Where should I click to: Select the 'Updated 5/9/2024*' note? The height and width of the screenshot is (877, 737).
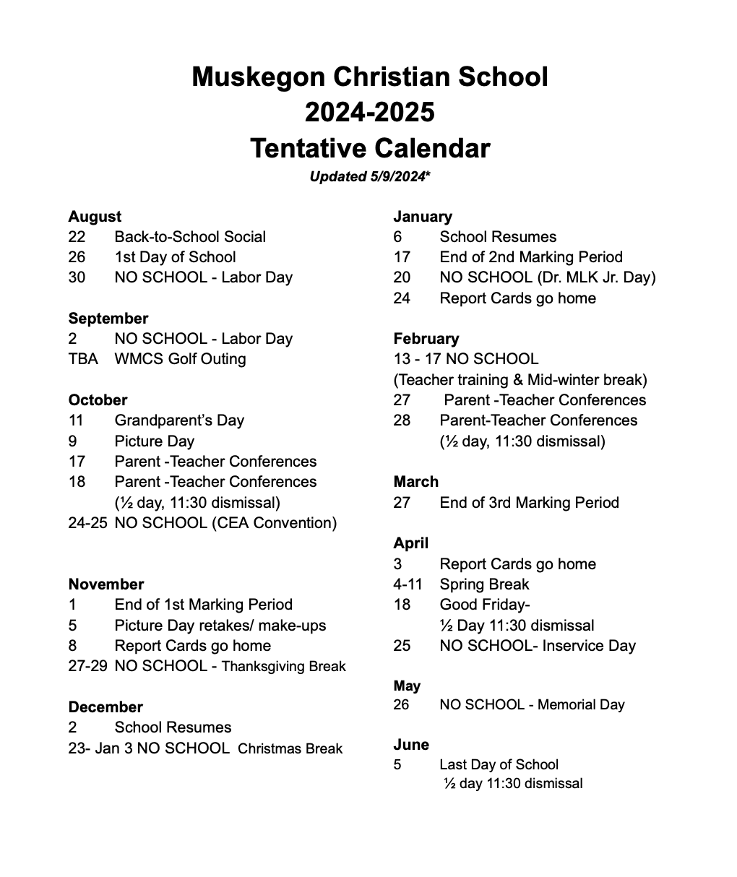coord(370,176)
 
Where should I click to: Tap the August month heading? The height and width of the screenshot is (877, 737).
coord(95,217)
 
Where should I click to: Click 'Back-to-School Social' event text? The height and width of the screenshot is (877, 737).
coord(190,237)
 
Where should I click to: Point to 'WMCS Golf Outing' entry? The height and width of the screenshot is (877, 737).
coord(180,359)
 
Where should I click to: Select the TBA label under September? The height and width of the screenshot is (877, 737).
coord(83,359)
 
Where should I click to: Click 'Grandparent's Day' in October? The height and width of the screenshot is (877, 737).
coord(179,420)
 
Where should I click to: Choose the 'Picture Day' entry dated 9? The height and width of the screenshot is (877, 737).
coord(154,441)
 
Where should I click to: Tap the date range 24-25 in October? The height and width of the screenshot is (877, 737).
coord(87,523)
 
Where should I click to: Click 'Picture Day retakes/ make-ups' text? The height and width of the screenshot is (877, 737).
coord(220,626)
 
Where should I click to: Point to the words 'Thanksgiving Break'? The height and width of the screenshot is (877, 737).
coord(283,667)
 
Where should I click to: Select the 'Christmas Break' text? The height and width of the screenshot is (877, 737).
coord(290,748)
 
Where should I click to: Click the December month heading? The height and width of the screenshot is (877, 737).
coord(105,707)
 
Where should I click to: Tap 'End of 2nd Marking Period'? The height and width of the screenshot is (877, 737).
coord(531,257)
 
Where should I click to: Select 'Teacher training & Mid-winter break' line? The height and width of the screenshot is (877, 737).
coord(520,380)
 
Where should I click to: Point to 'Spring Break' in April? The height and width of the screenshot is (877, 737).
coord(484,584)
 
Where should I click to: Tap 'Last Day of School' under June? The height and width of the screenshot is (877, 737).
coord(499,765)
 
